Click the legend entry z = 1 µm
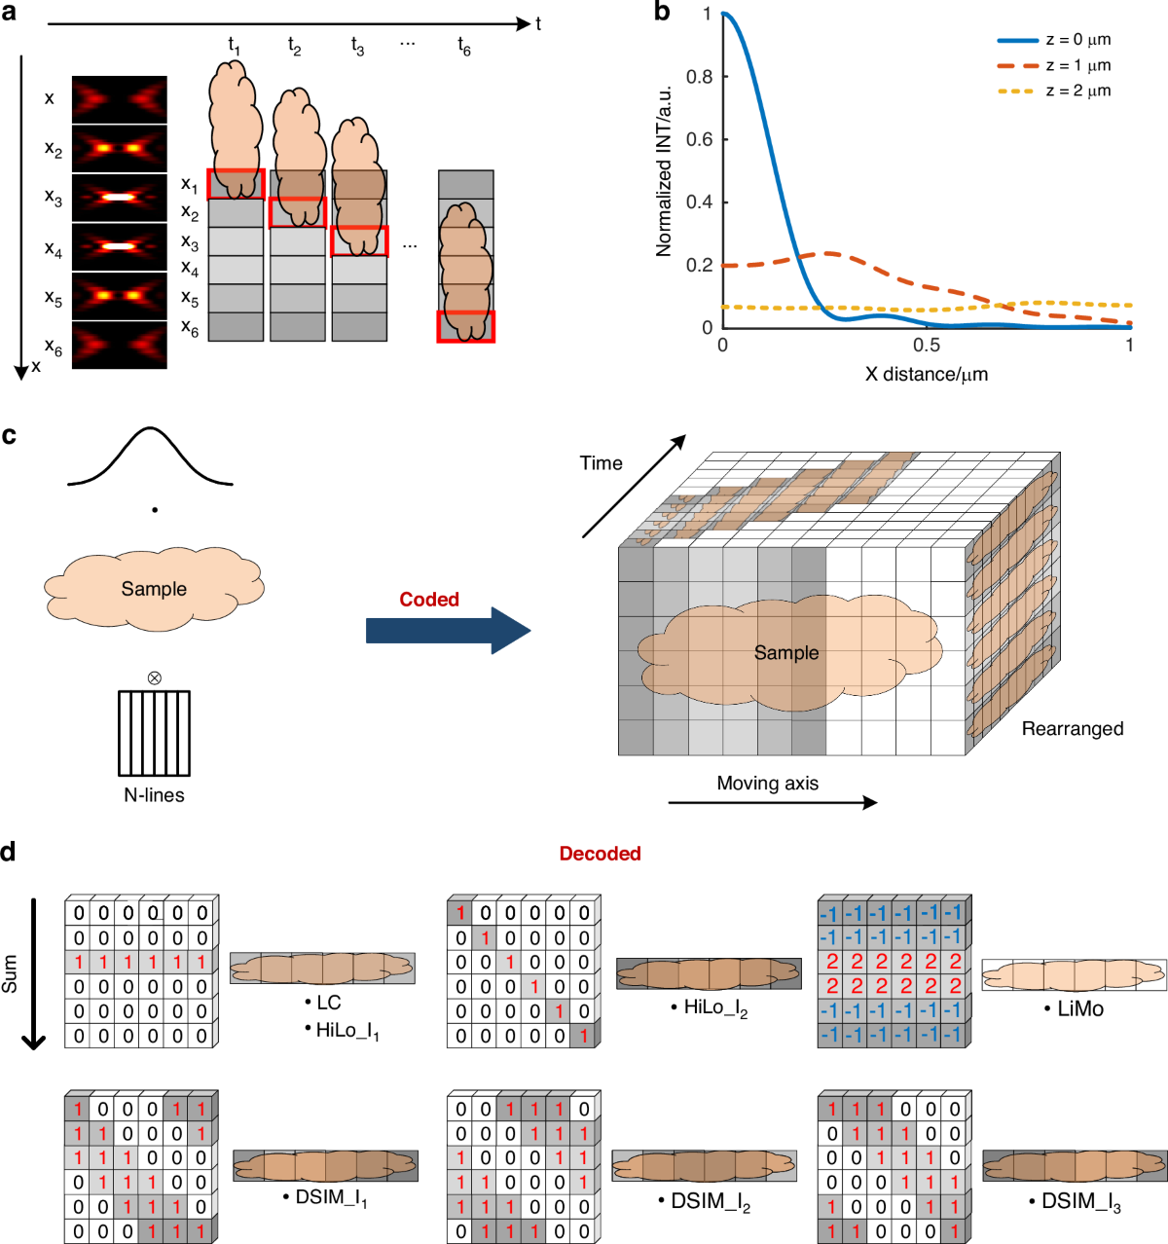(x=1077, y=65)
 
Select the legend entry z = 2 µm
(x=1077, y=91)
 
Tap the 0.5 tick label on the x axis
(x=927, y=346)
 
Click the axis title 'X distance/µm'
(x=927, y=374)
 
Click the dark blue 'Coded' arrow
(x=448, y=631)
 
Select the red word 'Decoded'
(x=600, y=854)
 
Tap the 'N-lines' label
(x=154, y=795)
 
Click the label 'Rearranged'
(x=1072, y=729)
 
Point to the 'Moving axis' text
(x=767, y=784)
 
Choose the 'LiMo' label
(x=1079, y=1009)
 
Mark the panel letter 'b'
(x=662, y=13)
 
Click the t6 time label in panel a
(x=464, y=46)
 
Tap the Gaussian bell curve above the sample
(x=150, y=457)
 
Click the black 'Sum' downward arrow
(x=34, y=973)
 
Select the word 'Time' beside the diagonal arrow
(x=601, y=463)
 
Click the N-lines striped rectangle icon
(x=154, y=732)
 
